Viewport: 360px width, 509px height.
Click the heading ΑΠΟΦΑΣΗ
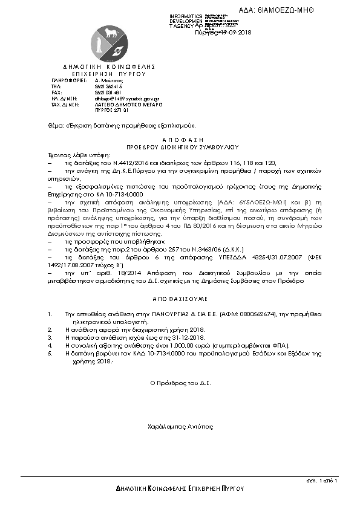coord(180,140)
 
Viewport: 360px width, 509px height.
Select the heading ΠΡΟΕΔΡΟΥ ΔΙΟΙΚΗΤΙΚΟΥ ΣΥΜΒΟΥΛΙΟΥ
coord(180,146)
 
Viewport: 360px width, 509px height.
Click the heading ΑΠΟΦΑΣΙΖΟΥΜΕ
coord(180,298)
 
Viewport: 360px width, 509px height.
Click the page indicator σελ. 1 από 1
coord(322,479)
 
